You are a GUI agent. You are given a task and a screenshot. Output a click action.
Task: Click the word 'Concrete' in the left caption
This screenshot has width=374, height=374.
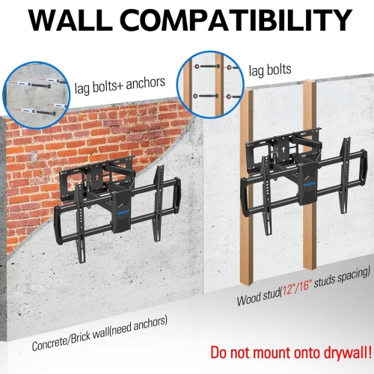pyautogui.click(x=53, y=345)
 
